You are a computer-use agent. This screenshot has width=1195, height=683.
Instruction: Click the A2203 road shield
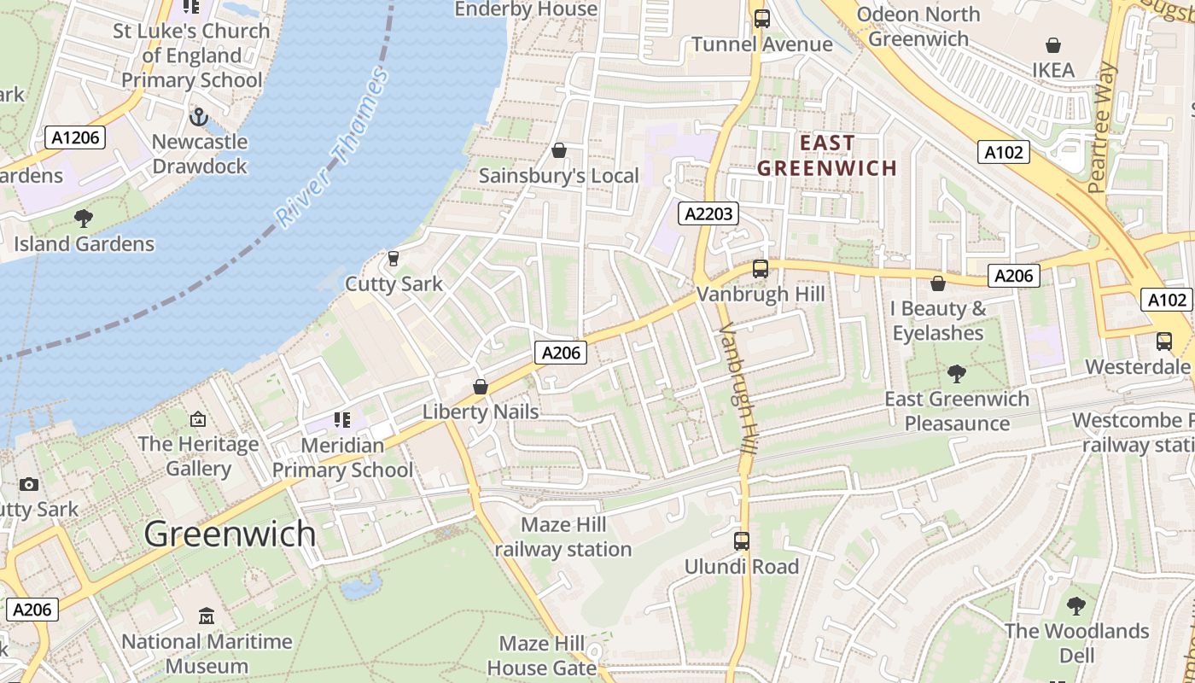click(708, 213)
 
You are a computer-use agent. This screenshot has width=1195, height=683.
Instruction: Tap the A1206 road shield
click(75, 137)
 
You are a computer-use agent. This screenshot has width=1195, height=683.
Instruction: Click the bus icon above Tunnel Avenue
click(761, 18)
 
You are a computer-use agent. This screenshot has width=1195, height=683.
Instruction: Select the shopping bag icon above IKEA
click(1053, 45)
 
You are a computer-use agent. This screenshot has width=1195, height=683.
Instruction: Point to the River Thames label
click(333, 148)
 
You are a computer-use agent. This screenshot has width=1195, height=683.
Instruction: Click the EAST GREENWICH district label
click(827, 155)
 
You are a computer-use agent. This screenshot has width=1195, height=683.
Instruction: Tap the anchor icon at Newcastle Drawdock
click(199, 116)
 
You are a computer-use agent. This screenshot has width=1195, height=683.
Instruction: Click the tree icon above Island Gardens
click(84, 218)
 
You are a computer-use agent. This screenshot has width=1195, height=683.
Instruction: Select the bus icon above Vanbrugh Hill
click(760, 269)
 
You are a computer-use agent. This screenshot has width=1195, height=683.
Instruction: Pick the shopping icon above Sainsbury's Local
click(559, 150)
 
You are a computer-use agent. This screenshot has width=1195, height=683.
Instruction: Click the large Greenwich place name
click(230, 534)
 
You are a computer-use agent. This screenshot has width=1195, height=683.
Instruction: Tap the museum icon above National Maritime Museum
click(207, 616)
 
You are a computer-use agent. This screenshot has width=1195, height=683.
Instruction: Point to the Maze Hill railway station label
click(563, 537)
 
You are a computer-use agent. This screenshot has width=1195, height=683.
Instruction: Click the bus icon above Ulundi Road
click(741, 540)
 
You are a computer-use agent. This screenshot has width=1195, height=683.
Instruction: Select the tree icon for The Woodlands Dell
click(1075, 606)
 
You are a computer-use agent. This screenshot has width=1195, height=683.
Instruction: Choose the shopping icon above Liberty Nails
click(481, 387)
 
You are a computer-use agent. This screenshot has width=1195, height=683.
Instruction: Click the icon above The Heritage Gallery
click(198, 418)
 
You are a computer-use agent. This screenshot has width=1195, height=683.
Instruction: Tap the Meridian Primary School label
click(342, 458)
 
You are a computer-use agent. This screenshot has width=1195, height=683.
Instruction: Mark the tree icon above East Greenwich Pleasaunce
click(956, 373)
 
